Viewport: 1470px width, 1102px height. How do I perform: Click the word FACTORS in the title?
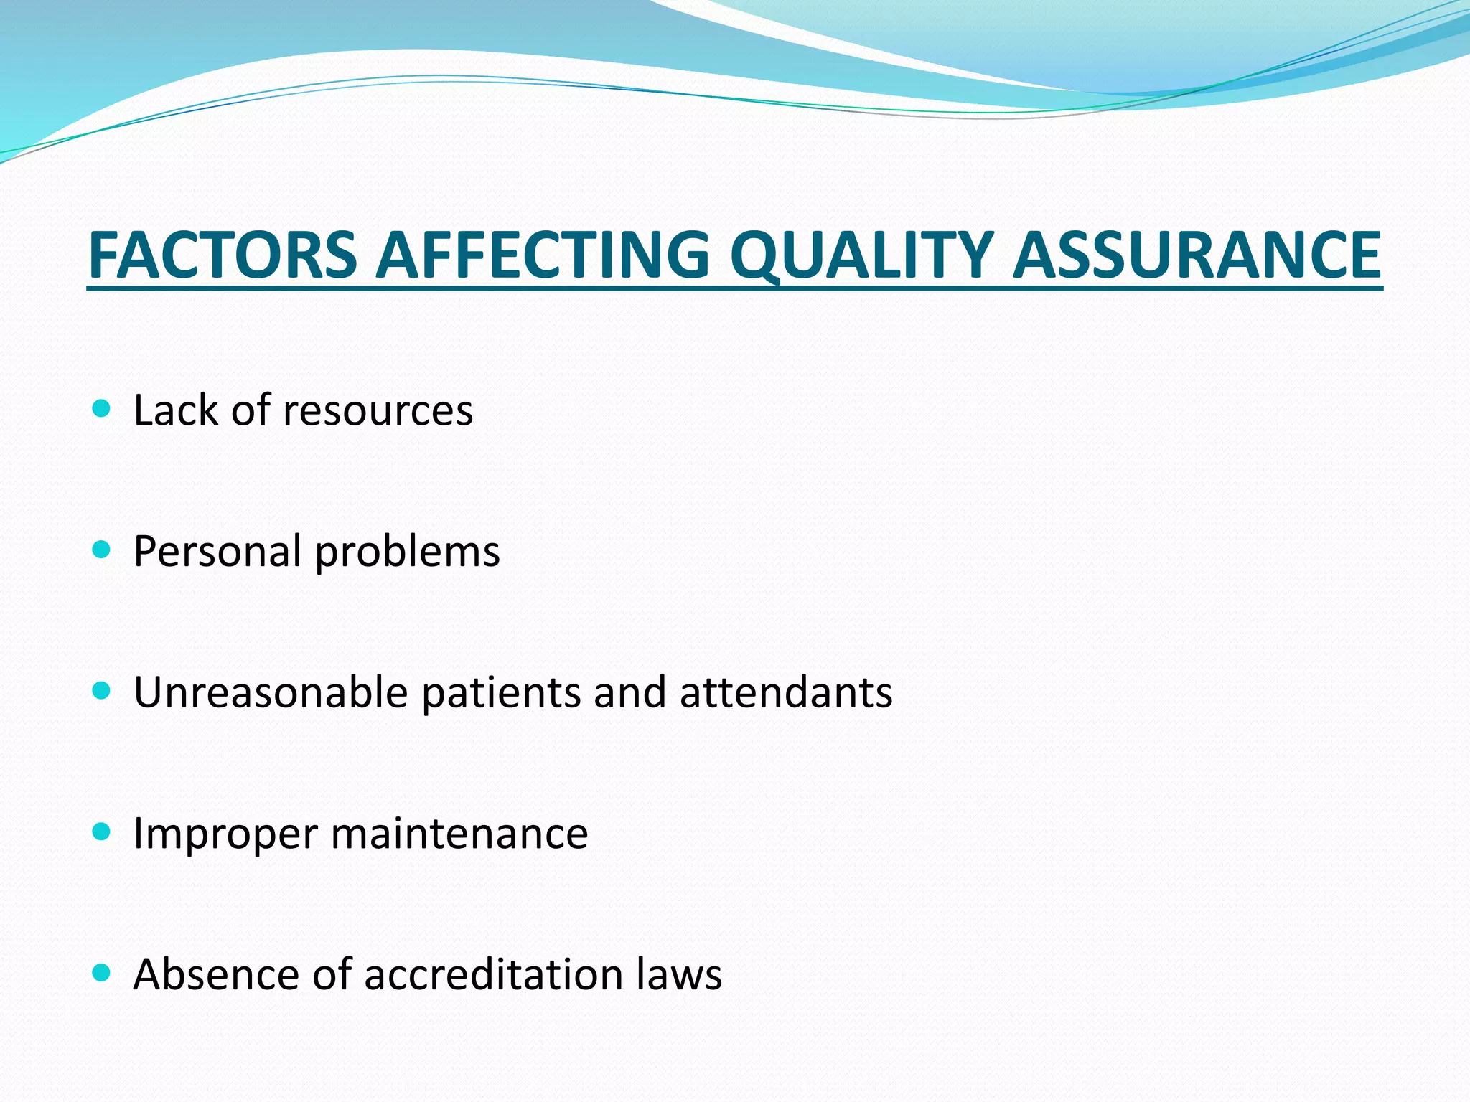pos(223,255)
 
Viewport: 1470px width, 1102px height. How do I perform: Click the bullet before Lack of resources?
pos(102,410)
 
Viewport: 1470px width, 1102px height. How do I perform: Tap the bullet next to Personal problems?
pos(102,551)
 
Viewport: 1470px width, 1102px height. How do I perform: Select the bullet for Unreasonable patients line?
pos(102,692)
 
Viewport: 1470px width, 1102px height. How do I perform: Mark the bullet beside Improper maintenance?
pos(102,832)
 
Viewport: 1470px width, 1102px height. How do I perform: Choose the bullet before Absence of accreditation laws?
pos(102,974)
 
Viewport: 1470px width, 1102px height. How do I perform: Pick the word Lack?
pos(175,410)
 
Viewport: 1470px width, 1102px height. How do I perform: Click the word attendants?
pos(786,692)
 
